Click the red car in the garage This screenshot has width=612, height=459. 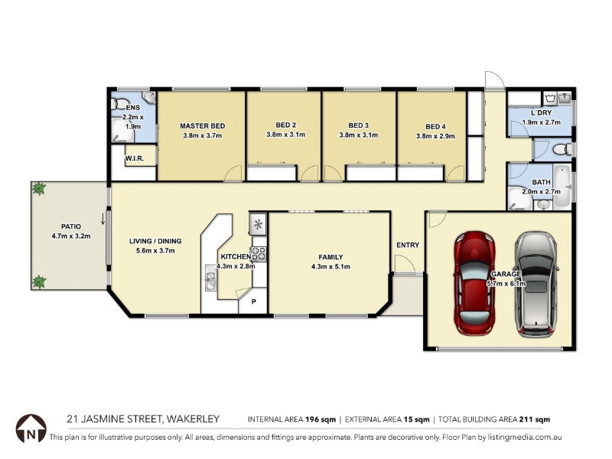pos(474,283)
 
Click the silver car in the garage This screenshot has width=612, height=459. pos(537,284)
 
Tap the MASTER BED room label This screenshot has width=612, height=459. pos(202,126)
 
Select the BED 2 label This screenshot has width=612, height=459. pos(285,125)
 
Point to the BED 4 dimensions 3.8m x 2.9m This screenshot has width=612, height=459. pos(435,136)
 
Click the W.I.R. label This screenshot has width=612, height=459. pos(135,158)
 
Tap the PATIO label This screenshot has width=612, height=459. pos(71,226)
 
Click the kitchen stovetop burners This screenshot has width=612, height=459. pos(259,254)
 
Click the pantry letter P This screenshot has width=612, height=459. pos(254,301)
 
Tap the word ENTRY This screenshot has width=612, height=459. pos(408,245)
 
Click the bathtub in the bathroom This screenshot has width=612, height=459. pos(562,186)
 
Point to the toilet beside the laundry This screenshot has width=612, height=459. pos(562,149)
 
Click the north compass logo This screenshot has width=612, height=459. pos(31,428)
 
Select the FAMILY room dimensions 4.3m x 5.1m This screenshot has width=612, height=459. pos(330,267)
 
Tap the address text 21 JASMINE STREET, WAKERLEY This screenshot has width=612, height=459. pos(143,419)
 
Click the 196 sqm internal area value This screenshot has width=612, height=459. pos(321,419)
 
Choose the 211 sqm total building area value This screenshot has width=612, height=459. pos(535,419)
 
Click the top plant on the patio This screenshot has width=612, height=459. pos(39,188)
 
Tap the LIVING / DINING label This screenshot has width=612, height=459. pos(155,241)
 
